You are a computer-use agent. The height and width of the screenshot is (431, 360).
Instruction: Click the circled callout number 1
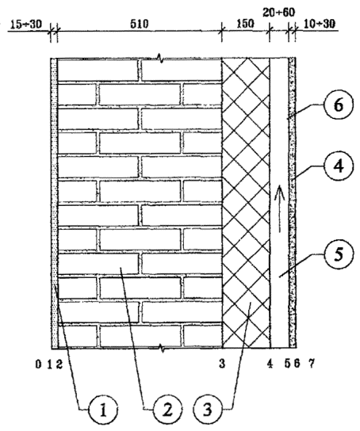point(103,410)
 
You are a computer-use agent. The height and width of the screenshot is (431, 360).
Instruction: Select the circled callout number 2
point(167,410)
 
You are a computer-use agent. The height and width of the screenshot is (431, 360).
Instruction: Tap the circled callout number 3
point(208,410)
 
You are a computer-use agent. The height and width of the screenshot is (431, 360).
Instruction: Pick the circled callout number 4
point(339,166)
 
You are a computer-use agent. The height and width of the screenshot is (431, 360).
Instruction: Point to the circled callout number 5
point(339,254)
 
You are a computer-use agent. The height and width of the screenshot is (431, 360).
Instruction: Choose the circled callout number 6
point(339,105)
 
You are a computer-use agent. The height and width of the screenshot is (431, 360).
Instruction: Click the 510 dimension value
point(139,24)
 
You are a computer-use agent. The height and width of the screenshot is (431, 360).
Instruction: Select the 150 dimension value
point(245,24)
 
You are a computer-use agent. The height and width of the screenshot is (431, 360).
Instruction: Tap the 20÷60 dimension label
point(279,13)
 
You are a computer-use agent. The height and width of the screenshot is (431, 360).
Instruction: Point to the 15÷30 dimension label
point(26,25)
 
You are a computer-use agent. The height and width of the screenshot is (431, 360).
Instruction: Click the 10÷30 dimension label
point(320,24)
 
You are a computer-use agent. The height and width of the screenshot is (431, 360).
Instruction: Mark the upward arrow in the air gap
point(279,209)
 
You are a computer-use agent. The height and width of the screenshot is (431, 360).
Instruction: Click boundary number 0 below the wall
point(39,364)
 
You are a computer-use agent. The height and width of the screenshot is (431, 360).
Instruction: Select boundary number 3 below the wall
point(222,364)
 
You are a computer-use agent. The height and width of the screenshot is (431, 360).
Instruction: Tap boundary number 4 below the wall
point(270,364)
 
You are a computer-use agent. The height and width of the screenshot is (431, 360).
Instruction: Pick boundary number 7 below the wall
point(311,364)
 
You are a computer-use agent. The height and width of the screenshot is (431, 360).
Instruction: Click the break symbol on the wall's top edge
point(160,59)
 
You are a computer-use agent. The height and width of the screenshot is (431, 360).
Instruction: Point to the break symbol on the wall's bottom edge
point(162,349)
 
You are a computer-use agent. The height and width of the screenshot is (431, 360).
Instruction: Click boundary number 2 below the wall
point(59,364)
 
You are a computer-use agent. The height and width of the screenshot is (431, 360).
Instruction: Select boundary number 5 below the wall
point(287,364)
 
